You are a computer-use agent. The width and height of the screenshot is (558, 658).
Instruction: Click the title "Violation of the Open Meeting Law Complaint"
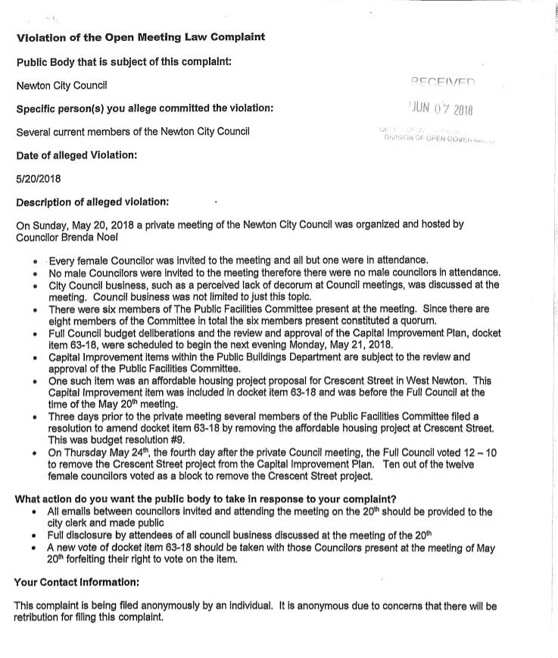(x=141, y=37)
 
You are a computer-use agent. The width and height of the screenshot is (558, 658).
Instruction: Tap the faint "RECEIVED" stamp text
(x=443, y=82)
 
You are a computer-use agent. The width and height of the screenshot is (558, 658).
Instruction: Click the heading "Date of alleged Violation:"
(x=76, y=155)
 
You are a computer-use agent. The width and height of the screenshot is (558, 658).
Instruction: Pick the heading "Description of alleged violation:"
(x=92, y=202)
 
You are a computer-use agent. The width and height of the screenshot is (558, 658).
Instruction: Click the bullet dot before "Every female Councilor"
(x=35, y=260)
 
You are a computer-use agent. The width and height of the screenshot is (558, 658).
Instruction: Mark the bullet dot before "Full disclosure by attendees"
(x=35, y=535)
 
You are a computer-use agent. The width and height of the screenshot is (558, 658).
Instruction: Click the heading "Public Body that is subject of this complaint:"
(x=123, y=61)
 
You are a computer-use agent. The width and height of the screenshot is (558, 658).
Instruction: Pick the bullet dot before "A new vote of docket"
(x=35, y=547)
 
